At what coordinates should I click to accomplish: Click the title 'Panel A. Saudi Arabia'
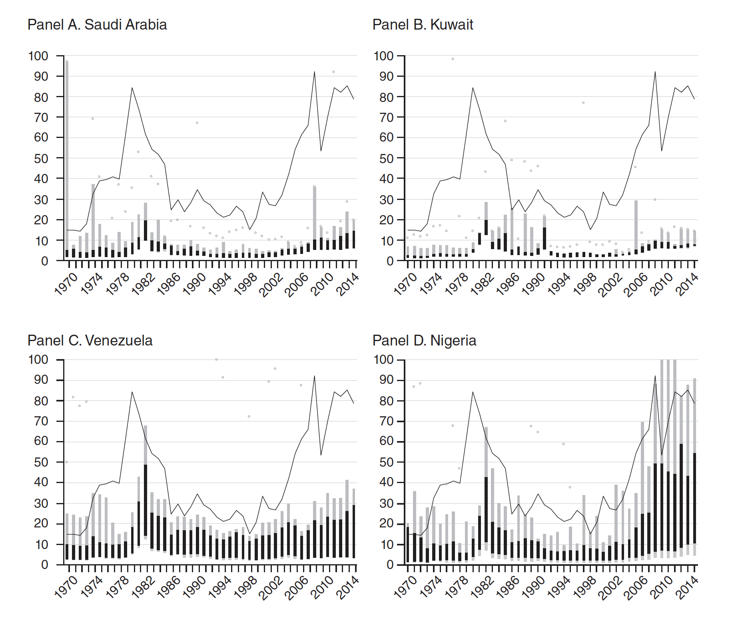click(97, 25)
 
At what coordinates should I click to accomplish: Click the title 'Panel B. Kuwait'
click(423, 25)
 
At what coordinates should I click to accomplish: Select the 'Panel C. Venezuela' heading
click(90, 341)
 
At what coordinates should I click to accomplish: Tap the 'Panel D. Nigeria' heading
click(424, 341)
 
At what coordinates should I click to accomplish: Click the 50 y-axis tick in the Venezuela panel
click(38, 462)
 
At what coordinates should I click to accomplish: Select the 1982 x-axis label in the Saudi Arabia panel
click(144, 284)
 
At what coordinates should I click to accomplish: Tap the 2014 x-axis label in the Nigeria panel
click(688, 588)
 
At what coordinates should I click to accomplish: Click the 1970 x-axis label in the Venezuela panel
click(66, 588)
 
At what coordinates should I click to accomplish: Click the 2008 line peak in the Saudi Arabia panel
click(314, 72)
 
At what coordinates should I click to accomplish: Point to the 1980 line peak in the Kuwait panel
click(473, 88)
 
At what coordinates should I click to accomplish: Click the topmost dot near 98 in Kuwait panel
click(453, 59)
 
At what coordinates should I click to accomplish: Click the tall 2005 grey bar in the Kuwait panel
click(636, 226)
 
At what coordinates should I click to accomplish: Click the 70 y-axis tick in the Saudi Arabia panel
click(38, 118)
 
